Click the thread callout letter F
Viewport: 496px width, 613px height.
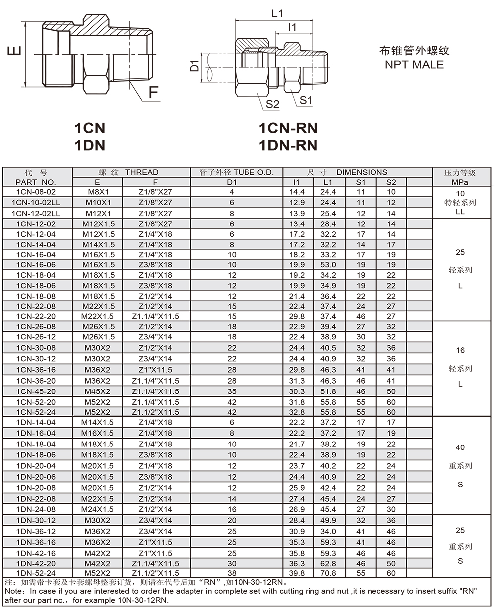[x=154, y=92]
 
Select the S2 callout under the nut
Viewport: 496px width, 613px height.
[x=272, y=104]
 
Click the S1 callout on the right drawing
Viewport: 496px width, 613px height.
[x=306, y=100]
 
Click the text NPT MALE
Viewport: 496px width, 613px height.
[x=414, y=65]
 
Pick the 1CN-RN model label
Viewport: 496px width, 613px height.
[x=288, y=128]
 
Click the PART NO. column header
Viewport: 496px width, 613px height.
[x=36, y=182]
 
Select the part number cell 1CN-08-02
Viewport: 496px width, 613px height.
[x=36, y=192]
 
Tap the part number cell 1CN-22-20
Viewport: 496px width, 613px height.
[x=36, y=316]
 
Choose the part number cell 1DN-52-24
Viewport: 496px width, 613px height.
[x=36, y=573]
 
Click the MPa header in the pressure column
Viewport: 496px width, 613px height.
[x=460, y=182]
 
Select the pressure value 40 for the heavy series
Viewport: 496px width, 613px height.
[x=460, y=447]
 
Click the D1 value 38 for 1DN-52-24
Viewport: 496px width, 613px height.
[x=232, y=573]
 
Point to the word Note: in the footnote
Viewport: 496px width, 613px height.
[x=14, y=591]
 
